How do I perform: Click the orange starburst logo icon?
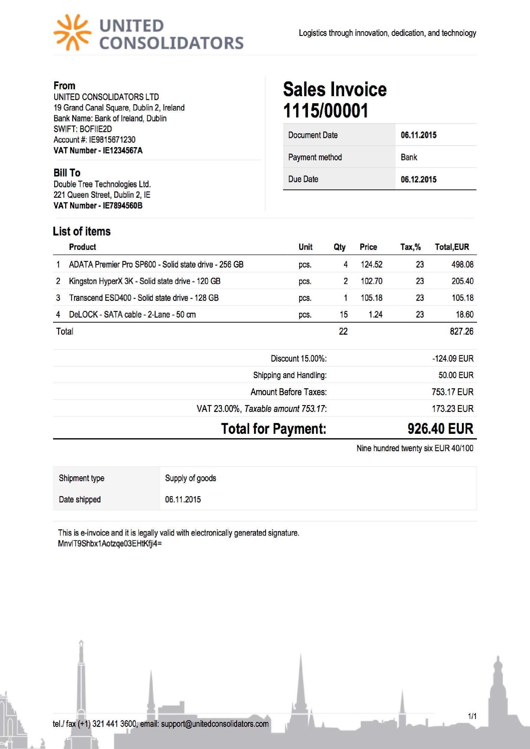click(72, 33)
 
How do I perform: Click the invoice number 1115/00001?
click(325, 111)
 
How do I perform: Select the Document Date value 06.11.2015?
click(418, 135)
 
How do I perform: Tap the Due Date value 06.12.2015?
click(418, 179)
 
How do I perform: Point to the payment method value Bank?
click(409, 157)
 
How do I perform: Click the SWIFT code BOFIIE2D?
click(96, 129)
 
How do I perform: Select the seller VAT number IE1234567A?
click(122, 150)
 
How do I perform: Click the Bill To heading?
click(67, 173)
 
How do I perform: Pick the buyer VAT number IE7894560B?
click(122, 206)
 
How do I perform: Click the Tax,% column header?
click(410, 247)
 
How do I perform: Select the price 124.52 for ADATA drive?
click(371, 264)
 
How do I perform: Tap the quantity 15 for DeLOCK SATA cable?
click(344, 315)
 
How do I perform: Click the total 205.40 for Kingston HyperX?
click(462, 281)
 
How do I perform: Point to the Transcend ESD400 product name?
click(144, 298)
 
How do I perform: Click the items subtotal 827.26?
click(461, 331)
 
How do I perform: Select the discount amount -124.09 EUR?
click(453, 359)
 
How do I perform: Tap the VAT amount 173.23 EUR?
click(452, 408)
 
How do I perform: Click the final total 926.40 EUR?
click(440, 429)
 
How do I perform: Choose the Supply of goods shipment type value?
click(191, 478)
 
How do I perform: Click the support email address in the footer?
click(215, 724)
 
